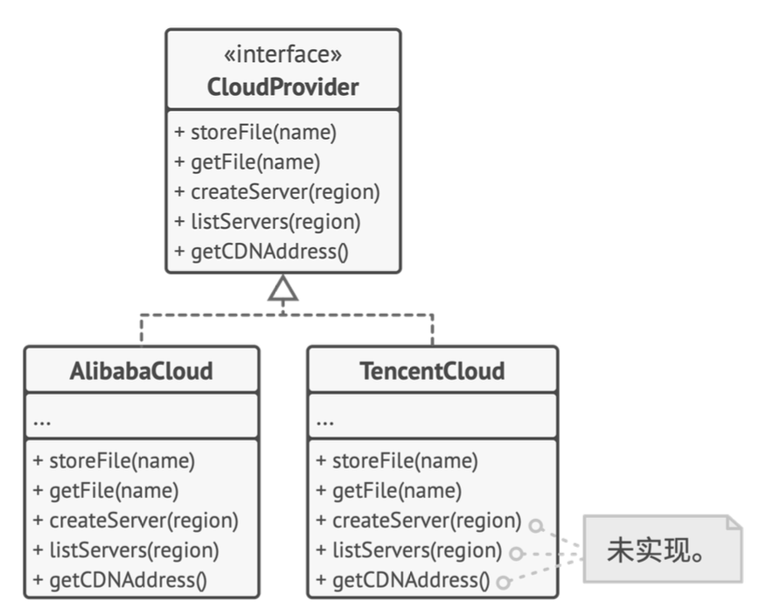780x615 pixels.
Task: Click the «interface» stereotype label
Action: click(282, 54)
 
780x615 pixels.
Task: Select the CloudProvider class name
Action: click(282, 87)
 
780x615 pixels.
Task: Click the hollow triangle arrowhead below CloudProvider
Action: click(283, 288)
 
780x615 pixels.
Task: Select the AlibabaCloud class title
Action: click(142, 371)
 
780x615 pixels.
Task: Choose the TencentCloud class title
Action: click(432, 371)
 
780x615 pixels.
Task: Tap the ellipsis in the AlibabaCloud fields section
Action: click(42, 423)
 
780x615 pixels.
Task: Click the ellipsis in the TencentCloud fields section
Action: click(324, 423)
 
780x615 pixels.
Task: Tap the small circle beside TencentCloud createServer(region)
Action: click(536, 526)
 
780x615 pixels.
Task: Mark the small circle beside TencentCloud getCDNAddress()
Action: click(504, 582)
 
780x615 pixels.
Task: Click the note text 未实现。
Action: click(656, 550)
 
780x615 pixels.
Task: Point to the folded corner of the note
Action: click(734, 522)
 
